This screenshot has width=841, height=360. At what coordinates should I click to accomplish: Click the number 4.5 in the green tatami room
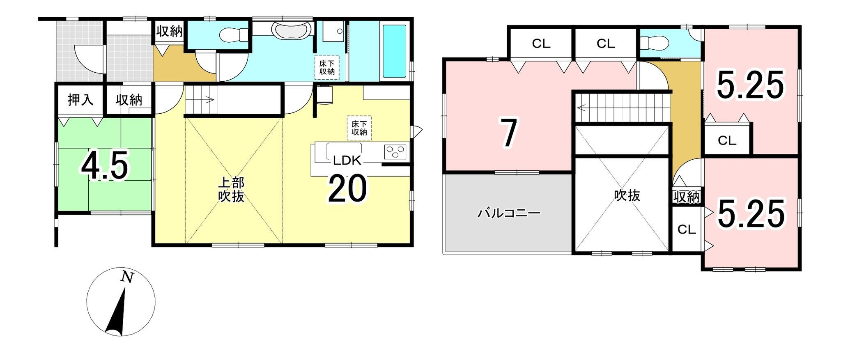105,166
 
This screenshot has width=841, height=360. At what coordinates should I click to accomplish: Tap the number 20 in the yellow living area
347,189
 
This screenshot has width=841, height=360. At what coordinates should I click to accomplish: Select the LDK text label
347,161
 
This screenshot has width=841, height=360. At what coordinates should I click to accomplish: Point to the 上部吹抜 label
231,189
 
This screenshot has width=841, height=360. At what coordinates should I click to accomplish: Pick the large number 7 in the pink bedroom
509,132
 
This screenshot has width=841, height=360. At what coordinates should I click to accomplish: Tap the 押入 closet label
80,100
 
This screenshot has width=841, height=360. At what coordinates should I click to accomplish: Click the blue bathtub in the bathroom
394,51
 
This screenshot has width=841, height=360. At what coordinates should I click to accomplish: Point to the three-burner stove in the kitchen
395,151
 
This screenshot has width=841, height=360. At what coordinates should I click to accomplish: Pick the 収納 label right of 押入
129,100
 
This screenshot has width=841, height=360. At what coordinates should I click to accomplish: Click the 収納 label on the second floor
687,197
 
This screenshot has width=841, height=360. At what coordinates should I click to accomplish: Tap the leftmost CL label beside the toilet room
541,44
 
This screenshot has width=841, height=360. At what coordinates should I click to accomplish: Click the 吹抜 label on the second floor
627,195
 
